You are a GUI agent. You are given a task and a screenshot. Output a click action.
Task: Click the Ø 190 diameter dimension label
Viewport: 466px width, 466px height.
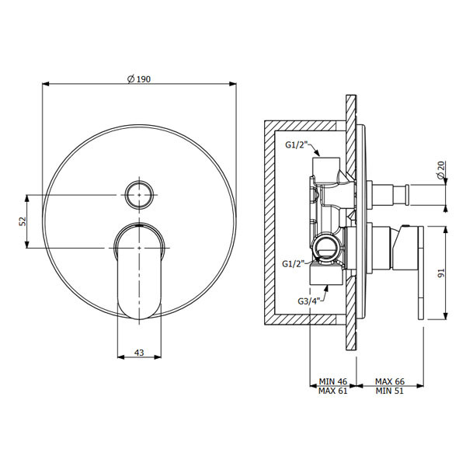139,79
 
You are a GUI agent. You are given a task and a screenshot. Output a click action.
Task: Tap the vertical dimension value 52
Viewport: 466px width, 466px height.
23,221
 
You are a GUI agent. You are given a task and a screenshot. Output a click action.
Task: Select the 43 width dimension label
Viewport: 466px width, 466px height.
139,353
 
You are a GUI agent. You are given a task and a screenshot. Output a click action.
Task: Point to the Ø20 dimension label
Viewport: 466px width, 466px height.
441,169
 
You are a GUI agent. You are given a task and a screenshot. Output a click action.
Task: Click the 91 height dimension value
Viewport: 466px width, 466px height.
441,273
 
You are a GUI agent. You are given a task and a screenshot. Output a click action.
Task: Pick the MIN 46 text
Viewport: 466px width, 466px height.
333,381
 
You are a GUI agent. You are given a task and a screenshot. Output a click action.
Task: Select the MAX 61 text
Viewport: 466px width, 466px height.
333,391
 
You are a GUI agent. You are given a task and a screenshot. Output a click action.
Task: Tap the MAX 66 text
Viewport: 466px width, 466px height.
390,381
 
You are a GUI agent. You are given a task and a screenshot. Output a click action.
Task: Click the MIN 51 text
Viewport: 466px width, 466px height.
390,391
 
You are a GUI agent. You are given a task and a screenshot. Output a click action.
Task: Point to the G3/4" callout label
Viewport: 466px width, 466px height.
309,301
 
